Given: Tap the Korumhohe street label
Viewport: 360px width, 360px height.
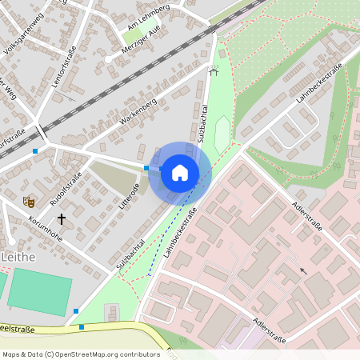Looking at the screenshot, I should [46, 228].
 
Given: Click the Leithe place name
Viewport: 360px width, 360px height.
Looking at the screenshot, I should [19, 255].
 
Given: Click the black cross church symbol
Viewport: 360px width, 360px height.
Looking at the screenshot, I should [62, 218].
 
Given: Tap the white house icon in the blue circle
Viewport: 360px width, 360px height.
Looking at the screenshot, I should [179, 172].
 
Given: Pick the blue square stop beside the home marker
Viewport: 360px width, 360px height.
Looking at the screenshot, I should [146, 168].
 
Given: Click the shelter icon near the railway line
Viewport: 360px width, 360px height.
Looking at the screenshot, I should [213, 70].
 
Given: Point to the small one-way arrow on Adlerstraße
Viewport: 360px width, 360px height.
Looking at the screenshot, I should [302, 271].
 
